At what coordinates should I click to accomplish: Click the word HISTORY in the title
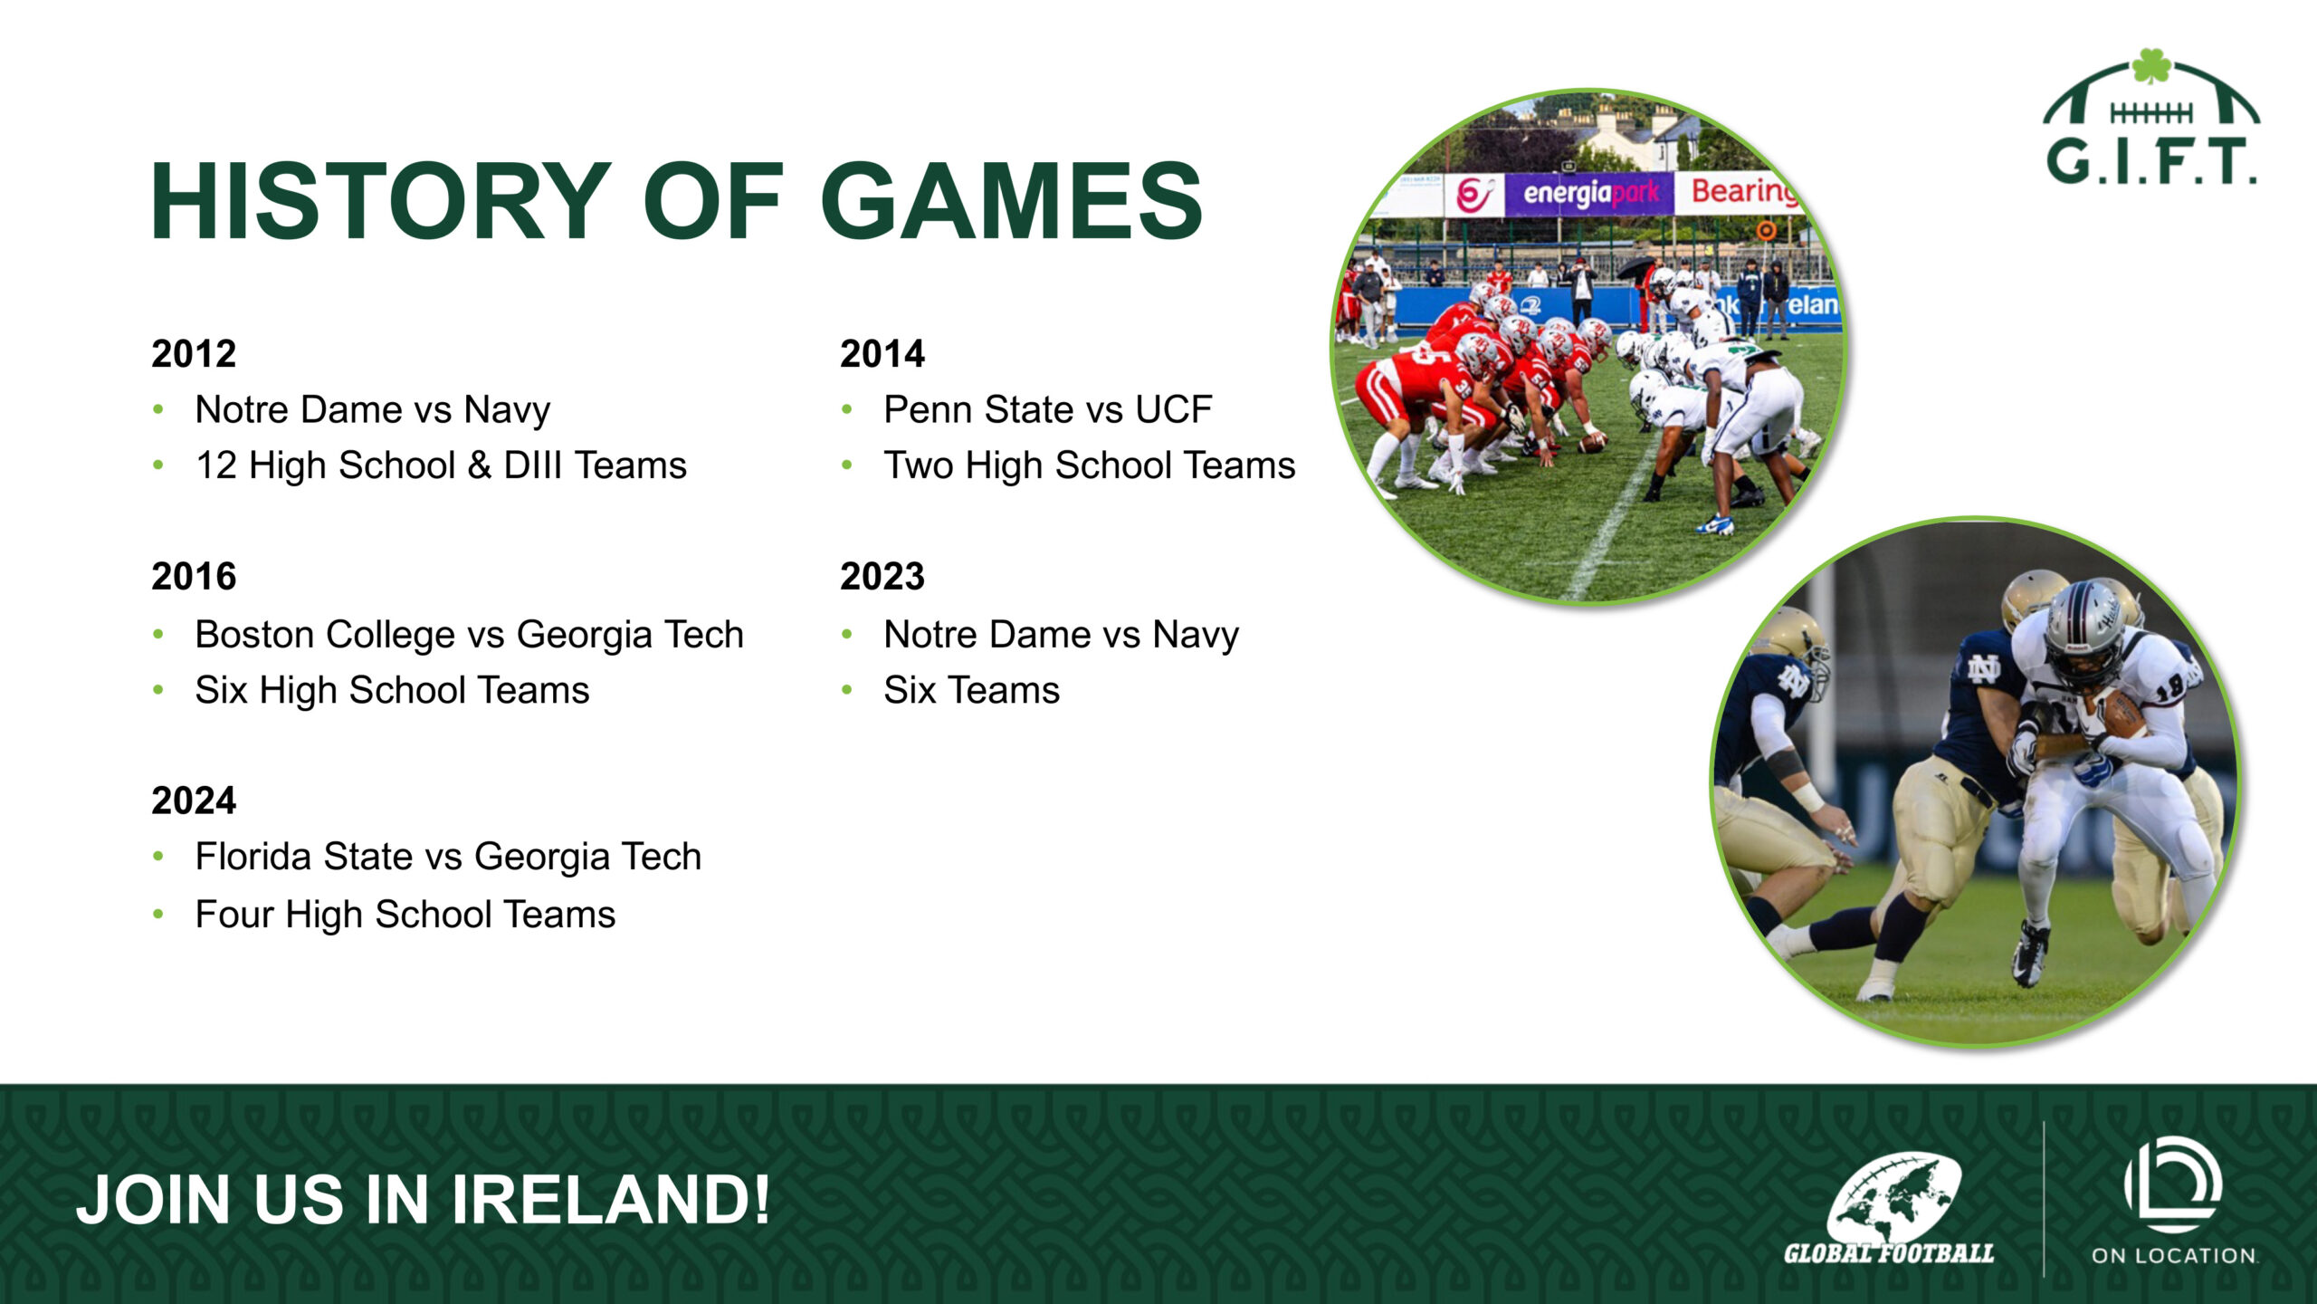[381, 200]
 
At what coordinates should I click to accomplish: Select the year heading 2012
[194, 353]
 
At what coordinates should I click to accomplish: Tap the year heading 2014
[882, 353]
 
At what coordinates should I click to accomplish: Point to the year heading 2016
[194, 576]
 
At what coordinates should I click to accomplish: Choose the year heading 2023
[882, 576]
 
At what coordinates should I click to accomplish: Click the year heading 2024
[194, 801]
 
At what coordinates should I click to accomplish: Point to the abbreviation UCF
[1174, 409]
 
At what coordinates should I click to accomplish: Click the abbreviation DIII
[532, 465]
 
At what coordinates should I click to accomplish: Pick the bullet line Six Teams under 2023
[971, 690]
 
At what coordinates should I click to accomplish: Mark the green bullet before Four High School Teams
[158, 915]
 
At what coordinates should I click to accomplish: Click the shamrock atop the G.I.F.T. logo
[2151, 66]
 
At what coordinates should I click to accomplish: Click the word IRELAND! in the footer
[611, 1200]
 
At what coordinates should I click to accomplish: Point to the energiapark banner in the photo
[1589, 193]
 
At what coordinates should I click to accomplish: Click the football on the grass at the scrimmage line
[1591, 443]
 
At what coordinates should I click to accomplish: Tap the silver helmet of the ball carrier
[2083, 624]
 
